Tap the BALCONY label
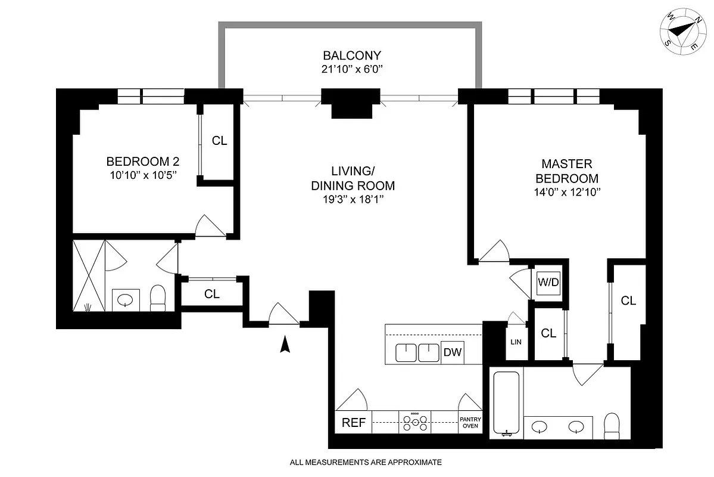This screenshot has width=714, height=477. coord(348,57)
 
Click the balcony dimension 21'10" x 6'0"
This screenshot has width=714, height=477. coord(348,70)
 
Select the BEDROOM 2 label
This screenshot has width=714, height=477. coord(142,161)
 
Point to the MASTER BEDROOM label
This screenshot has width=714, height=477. coord(566,171)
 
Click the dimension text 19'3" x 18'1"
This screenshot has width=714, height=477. coord(353,201)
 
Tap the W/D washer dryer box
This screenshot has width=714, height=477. coord(548,281)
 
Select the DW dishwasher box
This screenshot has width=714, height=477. coord(453,352)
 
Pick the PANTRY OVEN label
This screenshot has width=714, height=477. coord(469,423)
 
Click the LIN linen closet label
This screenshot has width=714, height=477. coord(516,342)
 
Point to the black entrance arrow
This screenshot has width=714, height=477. coord(285,344)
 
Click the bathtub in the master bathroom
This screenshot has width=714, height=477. coord(507,404)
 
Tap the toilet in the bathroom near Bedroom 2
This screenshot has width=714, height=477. coord(158,298)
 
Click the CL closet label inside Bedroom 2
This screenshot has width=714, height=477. coord(220,141)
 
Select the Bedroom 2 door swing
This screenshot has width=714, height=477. coord(210,225)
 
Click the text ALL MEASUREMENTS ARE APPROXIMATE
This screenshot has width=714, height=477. coord(366,462)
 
